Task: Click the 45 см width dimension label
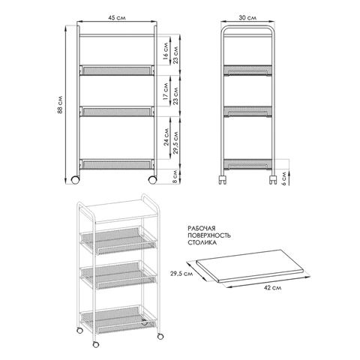pyautogui.click(x=117, y=18)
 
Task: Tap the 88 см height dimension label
pyautogui.click(x=60, y=105)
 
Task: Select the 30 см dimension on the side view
pyautogui.click(x=247, y=18)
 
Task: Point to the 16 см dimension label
pyautogui.click(x=166, y=52)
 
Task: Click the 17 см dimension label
pyautogui.click(x=166, y=91)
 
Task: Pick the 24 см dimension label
pyautogui.click(x=166, y=137)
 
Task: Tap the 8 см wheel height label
pyautogui.click(x=175, y=176)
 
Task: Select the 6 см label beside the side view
pyautogui.click(x=284, y=177)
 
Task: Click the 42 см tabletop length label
pyautogui.click(x=272, y=288)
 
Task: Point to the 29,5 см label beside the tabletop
pyautogui.click(x=181, y=274)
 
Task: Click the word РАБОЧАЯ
pyautogui.click(x=202, y=228)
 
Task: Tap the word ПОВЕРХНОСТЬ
pyautogui.click(x=209, y=235)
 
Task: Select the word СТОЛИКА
pyautogui.click(x=202, y=243)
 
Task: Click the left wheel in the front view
pyautogui.click(x=75, y=180)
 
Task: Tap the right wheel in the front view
pyautogui.click(x=152, y=180)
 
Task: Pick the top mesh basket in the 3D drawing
pyautogui.click(x=118, y=240)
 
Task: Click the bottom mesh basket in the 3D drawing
pyautogui.click(x=118, y=320)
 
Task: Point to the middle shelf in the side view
pyautogui.click(x=247, y=112)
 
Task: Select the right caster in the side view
pyautogui.click(x=272, y=180)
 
